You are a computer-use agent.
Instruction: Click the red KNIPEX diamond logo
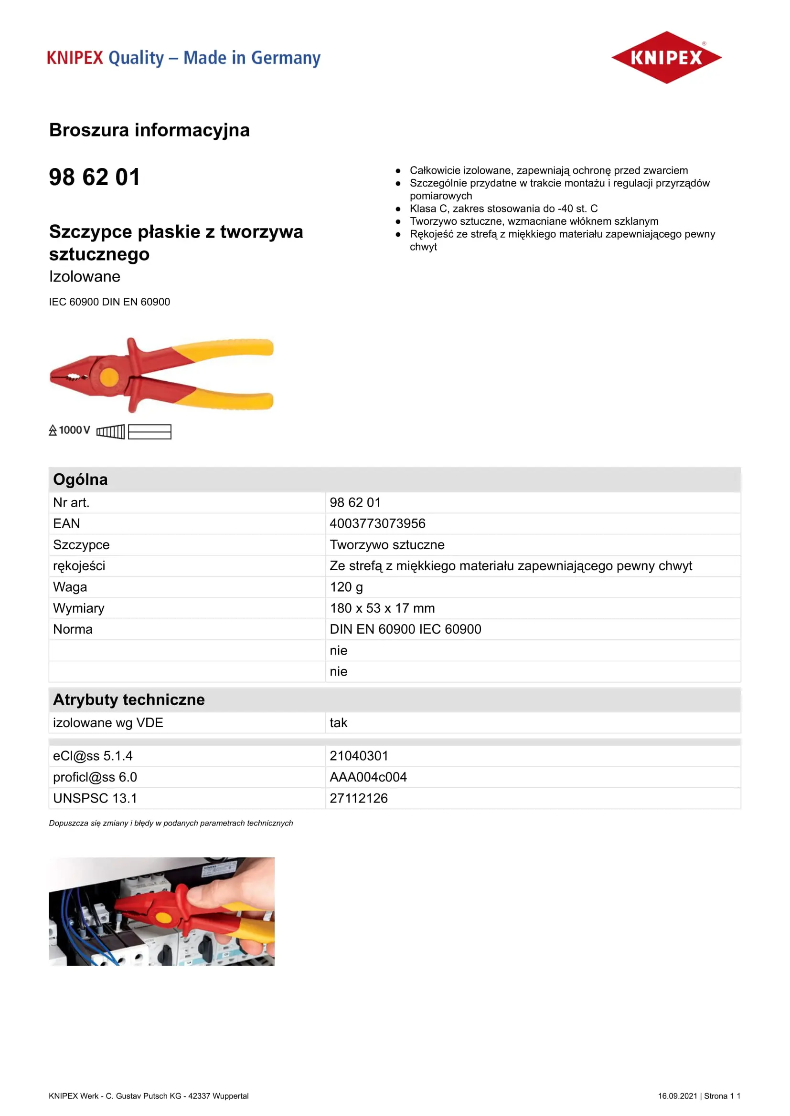coord(666,57)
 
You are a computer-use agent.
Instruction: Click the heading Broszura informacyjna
coord(149,130)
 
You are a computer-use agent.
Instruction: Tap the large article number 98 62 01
coord(95,177)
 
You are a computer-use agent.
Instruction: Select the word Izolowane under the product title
coord(85,276)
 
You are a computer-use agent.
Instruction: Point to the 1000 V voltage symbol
coord(70,430)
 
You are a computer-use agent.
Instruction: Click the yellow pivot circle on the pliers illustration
coord(109,376)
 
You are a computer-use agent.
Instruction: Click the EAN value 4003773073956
coord(377,523)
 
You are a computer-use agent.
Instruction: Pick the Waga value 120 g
coord(346,587)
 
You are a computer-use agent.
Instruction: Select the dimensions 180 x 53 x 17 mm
coord(382,608)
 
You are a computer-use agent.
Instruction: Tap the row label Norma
coord(73,629)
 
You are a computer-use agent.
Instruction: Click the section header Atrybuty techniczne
coord(128,699)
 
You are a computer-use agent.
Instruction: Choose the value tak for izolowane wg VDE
coord(338,723)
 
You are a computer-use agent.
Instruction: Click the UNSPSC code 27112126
coord(359,798)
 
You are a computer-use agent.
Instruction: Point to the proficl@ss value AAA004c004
coord(368,777)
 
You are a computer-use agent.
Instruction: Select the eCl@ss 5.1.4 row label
coord(93,756)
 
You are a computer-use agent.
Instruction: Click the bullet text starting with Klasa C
coord(503,209)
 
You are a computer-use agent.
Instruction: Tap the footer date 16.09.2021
coord(677,1095)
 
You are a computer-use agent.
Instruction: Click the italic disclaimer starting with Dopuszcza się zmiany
coord(171,823)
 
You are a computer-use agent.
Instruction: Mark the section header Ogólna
coord(80,479)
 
